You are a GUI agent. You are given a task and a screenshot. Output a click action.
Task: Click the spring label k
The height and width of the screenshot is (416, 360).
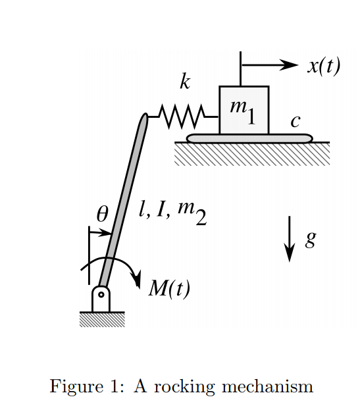185,82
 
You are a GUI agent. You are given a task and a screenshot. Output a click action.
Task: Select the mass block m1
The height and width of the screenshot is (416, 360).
244,110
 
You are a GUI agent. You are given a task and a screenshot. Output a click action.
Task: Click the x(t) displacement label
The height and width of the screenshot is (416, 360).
323,66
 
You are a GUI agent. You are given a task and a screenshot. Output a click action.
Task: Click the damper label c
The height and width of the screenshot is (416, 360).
296,121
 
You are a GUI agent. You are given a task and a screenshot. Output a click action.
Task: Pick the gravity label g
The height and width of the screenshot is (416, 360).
311,238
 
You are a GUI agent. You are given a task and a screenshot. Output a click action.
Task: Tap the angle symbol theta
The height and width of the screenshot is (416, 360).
101,214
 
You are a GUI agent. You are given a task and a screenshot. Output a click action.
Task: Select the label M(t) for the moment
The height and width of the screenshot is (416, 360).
169,288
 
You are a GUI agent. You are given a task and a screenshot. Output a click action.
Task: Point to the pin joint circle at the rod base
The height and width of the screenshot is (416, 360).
101,294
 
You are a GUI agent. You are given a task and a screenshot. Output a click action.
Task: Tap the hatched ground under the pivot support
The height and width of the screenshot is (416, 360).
101,320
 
